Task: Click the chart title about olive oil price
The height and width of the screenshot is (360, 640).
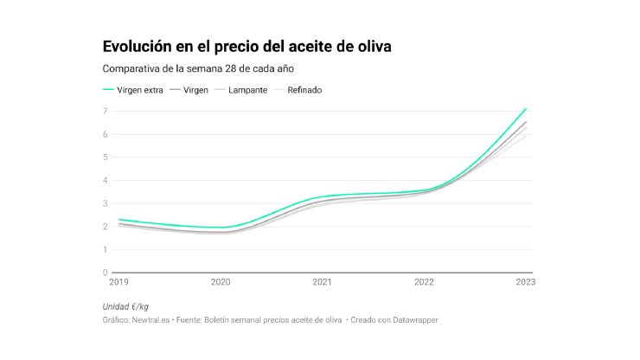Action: [x=246, y=46]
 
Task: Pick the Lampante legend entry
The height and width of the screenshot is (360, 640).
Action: [x=246, y=89]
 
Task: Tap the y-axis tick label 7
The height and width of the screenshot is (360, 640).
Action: [x=106, y=111]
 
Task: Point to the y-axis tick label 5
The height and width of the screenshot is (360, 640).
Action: [x=106, y=157]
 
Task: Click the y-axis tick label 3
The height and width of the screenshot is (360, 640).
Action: [x=106, y=203]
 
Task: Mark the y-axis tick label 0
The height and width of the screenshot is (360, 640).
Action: [x=106, y=273]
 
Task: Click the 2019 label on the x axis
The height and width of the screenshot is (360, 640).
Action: [x=118, y=282]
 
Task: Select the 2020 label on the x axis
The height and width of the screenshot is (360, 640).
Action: [x=221, y=282]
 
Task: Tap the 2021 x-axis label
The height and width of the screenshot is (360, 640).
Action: [x=322, y=282]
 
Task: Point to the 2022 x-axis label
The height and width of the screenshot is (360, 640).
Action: [x=424, y=282]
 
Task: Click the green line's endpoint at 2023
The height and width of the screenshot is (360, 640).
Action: [x=526, y=109]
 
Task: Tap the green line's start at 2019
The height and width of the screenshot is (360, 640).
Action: [x=118, y=220]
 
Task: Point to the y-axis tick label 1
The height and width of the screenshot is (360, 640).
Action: [x=106, y=249]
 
